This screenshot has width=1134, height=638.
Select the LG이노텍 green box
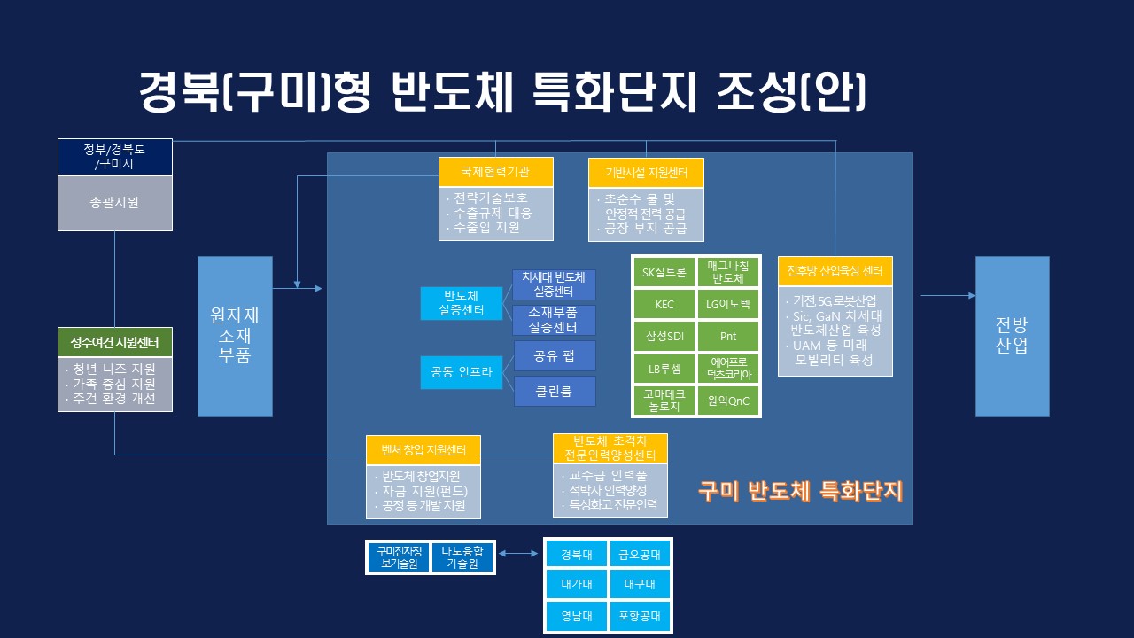pos(728,305)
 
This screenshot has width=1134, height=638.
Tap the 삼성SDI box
pos(664,337)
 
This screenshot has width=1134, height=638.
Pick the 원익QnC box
pos(728,401)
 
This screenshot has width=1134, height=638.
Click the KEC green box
pos(664,305)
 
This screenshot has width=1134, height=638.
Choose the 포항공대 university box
pos(639,616)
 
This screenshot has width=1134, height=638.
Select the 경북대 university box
pos(576,556)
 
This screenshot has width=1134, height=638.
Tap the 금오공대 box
pos(639,556)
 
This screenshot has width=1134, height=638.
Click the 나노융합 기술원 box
pos(462,557)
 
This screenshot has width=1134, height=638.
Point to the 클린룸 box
pos(554,391)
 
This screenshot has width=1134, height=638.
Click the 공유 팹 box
pos(554,355)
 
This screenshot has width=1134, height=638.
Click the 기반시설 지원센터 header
pos(646,172)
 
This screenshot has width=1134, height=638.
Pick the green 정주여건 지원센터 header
pos(115,342)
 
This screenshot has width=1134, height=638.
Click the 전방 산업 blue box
pos(1012,337)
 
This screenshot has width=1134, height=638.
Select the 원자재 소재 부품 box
pos(235,337)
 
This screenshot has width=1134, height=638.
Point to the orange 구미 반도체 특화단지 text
pos(799,490)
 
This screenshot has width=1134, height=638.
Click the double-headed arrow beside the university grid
pos(519,554)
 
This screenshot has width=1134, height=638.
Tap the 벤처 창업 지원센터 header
pos(423,450)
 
